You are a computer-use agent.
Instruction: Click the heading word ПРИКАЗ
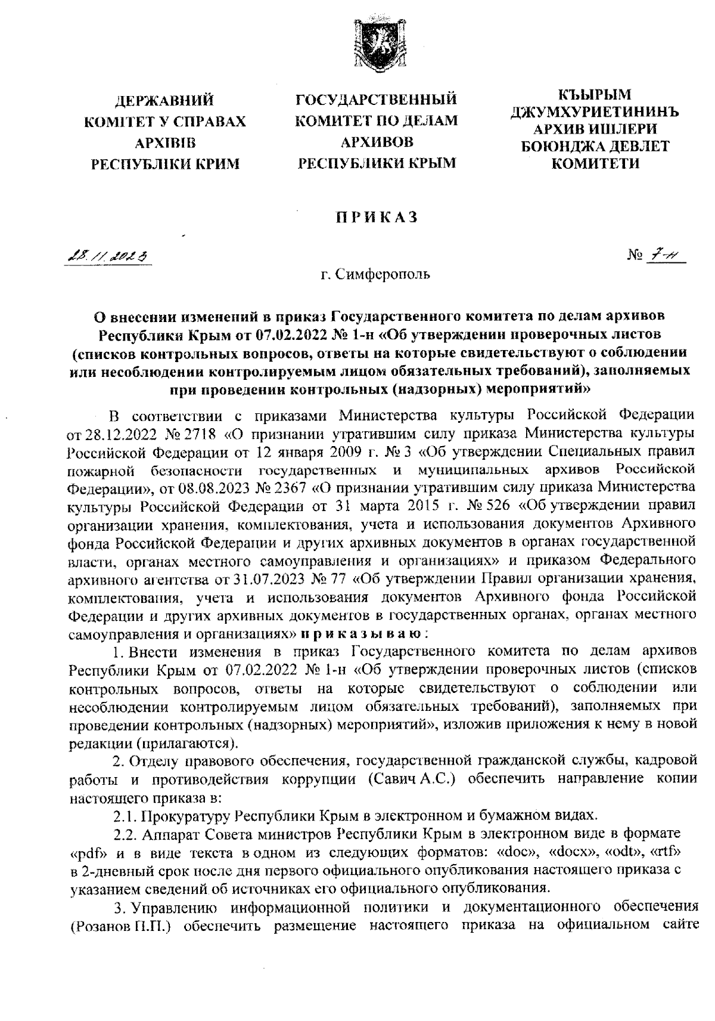376,218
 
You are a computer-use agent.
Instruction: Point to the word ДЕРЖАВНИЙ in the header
164,99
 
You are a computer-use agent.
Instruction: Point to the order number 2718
176,430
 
